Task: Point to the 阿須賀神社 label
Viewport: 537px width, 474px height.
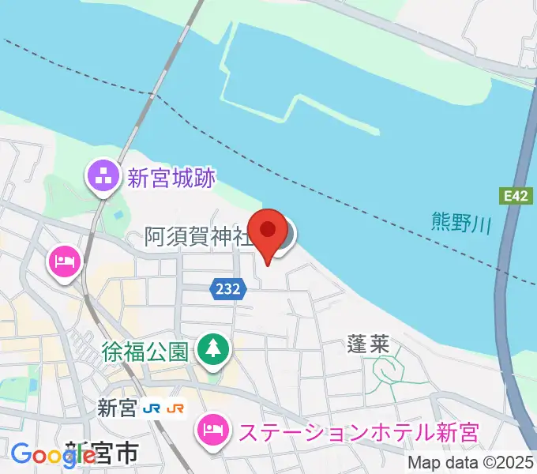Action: [x=198, y=236]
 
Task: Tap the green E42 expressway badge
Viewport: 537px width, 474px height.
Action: [x=513, y=194]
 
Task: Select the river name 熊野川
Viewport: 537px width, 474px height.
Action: [x=462, y=222]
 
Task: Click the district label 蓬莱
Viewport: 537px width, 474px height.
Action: [x=366, y=344]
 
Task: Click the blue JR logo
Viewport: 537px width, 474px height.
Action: [x=153, y=408]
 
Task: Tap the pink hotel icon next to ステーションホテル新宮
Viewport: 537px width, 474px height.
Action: [x=212, y=431]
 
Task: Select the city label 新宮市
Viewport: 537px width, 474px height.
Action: [x=103, y=453]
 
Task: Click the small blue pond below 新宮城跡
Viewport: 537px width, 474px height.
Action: [x=118, y=214]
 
